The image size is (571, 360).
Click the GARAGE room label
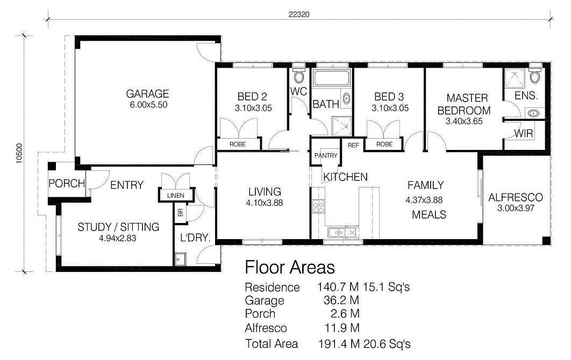(147, 94)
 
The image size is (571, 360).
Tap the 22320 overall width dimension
(299, 15)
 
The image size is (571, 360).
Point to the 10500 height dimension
(19, 153)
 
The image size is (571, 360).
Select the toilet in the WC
(299, 75)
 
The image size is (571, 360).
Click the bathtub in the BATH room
(332, 78)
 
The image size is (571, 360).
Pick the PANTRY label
(326, 155)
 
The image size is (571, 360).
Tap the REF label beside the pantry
(353, 145)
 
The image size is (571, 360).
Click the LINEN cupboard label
(175, 196)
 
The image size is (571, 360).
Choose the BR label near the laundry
(180, 212)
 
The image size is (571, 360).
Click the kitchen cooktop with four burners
(318, 206)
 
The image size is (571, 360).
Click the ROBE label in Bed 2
(238, 144)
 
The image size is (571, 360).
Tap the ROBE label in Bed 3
(384, 144)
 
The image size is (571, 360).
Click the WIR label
(524, 134)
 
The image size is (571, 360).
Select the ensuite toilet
(535, 75)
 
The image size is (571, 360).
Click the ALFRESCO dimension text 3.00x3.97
(516, 208)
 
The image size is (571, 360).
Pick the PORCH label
(67, 183)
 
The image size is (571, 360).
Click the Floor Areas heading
(290, 267)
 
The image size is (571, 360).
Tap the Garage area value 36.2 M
(341, 300)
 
